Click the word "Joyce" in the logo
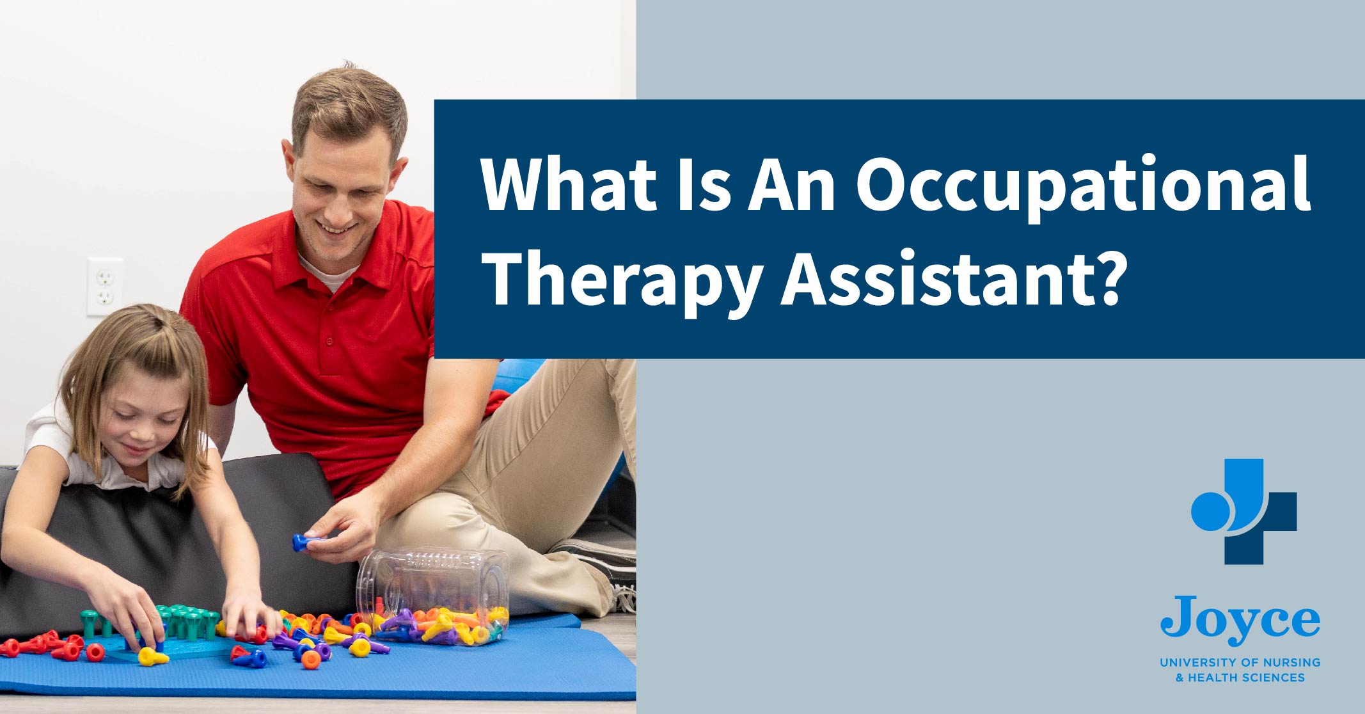[1240, 619]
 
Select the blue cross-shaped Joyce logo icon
[1244, 511]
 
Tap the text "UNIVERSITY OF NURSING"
[1240, 662]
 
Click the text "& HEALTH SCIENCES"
[1240, 678]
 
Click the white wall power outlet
[105, 287]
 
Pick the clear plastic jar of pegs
[433, 596]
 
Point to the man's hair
[349, 109]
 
